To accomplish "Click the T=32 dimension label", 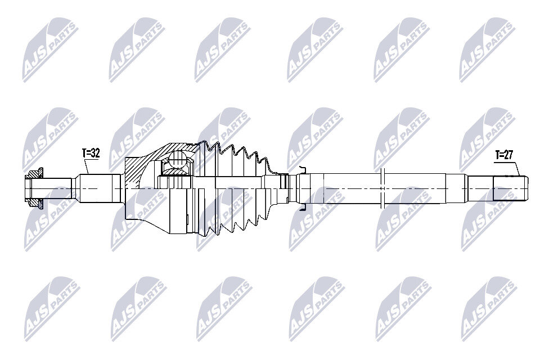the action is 91,154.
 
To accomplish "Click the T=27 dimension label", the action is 504,155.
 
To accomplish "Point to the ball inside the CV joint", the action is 178,159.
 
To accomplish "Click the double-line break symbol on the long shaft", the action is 382,188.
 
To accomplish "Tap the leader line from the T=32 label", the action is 87,166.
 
